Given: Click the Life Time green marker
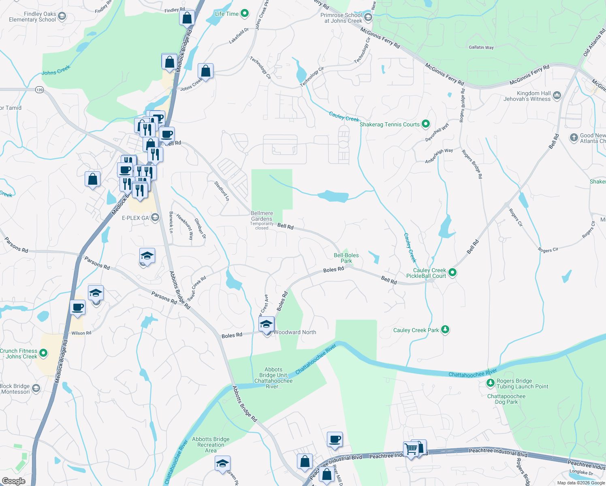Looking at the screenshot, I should (245, 14).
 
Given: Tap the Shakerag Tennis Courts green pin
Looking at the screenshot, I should (425, 124).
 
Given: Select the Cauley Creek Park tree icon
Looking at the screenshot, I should (445, 330).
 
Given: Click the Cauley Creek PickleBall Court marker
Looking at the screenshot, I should (452, 273).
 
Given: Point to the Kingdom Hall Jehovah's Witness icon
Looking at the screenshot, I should (557, 96).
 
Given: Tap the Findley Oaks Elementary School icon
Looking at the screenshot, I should (62, 16).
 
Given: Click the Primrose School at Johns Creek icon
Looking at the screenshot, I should (368, 17).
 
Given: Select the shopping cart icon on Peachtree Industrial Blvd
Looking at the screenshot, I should (411, 449).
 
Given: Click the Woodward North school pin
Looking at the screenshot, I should (266, 325).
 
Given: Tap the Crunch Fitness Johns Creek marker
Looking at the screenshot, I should (43, 353).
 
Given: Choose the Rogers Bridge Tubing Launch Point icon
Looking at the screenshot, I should (490, 383).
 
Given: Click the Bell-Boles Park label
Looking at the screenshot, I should (346, 258).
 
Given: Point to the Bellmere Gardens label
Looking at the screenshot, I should (262, 216).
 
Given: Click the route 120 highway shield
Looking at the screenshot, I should (39, 90).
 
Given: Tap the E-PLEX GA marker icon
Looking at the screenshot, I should (155, 218).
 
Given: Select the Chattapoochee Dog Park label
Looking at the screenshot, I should (506, 399).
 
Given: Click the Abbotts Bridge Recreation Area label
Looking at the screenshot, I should (211, 444).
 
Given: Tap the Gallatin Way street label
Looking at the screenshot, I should (481, 47).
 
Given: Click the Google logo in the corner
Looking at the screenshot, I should (13, 481).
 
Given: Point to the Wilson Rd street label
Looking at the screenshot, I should (81, 333).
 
